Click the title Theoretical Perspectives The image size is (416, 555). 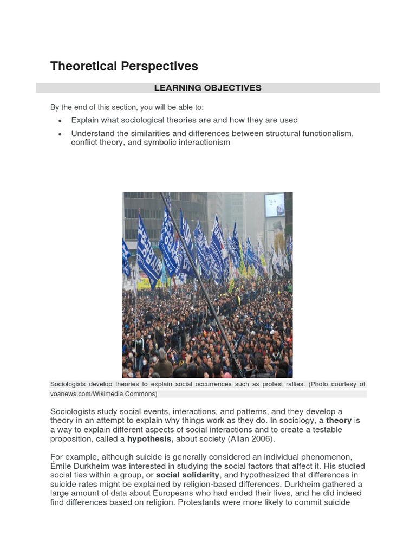click(124, 66)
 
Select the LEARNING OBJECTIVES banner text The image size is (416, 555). click(208, 88)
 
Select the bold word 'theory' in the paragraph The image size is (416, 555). click(339, 421)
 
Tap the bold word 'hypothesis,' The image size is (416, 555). click(150, 439)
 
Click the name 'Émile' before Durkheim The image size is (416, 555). click(61, 466)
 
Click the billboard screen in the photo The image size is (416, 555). click(275, 205)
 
